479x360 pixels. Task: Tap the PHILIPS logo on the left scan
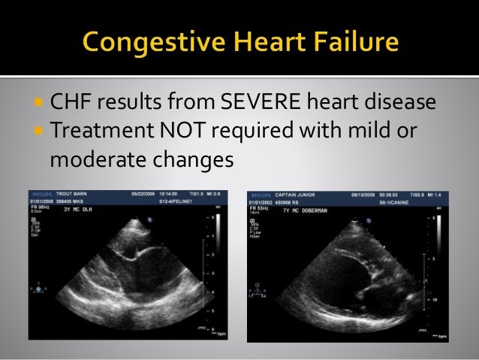pyautogui.click(x=38, y=194)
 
